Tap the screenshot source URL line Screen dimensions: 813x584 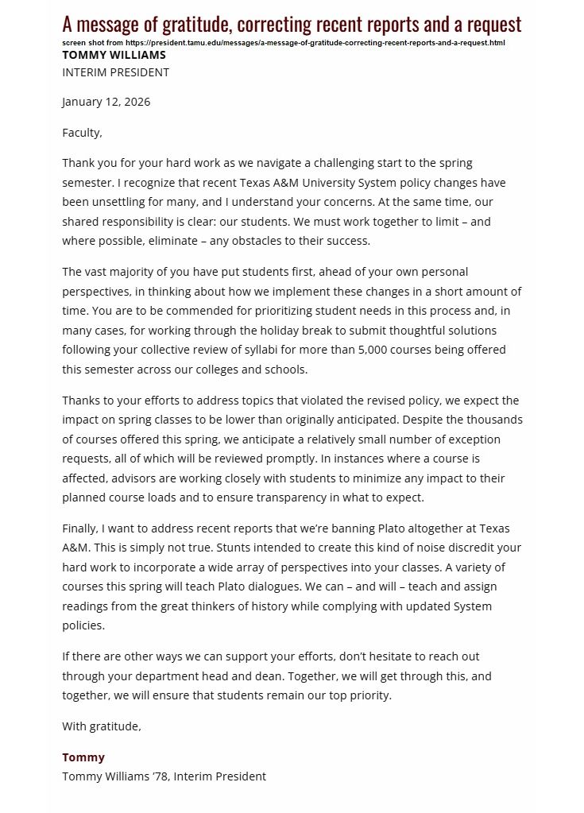tap(284, 42)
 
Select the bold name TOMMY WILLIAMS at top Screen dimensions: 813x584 tap(114, 55)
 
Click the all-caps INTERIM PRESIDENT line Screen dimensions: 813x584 tap(116, 72)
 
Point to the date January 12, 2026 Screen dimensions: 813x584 tap(106, 102)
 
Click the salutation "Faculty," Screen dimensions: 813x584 tap(83, 133)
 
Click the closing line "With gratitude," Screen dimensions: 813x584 tap(102, 726)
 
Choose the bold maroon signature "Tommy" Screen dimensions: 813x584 tap(83, 757)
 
